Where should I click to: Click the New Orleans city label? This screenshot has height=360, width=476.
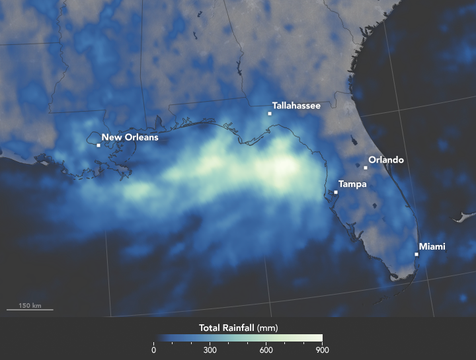pyautogui.click(x=130, y=138)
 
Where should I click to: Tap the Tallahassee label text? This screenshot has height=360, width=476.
pyautogui.click(x=296, y=106)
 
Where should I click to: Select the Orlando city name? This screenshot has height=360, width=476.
pyautogui.click(x=385, y=160)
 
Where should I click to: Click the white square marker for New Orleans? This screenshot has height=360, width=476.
pyautogui.click(x=99, y=145)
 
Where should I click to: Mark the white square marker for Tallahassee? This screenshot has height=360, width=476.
pyautogui.click(x=270, y=114)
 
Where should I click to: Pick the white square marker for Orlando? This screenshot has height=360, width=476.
pyautogui.click(x=366, y=168)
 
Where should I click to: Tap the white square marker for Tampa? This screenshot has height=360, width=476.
pyautogui.click(x=336, y=192)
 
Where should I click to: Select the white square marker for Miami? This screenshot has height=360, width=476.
pyautogui.click(x=416, y=254)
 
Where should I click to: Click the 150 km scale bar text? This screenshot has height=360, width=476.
pyautogui.click(x=30, y=305)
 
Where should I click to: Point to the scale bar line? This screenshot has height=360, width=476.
pyautogui.click(x=30, y=310)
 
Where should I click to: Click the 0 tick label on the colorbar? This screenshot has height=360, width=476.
pyautogui.click(x=154, y=350)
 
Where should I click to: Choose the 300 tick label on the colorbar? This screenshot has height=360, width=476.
pyautogui.click(x=210, y=350)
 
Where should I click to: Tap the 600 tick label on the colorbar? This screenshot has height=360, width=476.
pyautogui.click(x=266, y=350)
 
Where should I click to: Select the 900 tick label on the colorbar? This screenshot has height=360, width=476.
pyautogui.click(x=323, y=350)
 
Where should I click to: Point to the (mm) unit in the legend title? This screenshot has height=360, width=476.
pyautogui.click(x=270, y=327)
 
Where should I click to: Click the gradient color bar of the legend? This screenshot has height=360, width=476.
pyautogui.click(x=238, y=338)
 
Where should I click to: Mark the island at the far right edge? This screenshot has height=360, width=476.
pyautogui.click(x=467, y=216)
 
